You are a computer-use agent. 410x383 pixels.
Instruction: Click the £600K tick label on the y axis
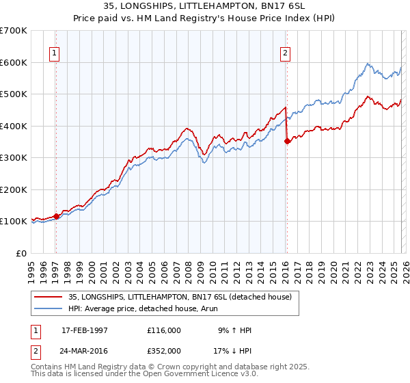click(x=14, y=62)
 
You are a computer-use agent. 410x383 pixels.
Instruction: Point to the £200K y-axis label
click(x=14, y=189)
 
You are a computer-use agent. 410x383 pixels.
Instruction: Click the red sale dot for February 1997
click(x=56, y=216)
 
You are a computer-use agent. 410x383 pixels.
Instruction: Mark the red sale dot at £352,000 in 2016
click(x=286, y=142)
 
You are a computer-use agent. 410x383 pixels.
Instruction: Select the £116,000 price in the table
click(x=164, y=330)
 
